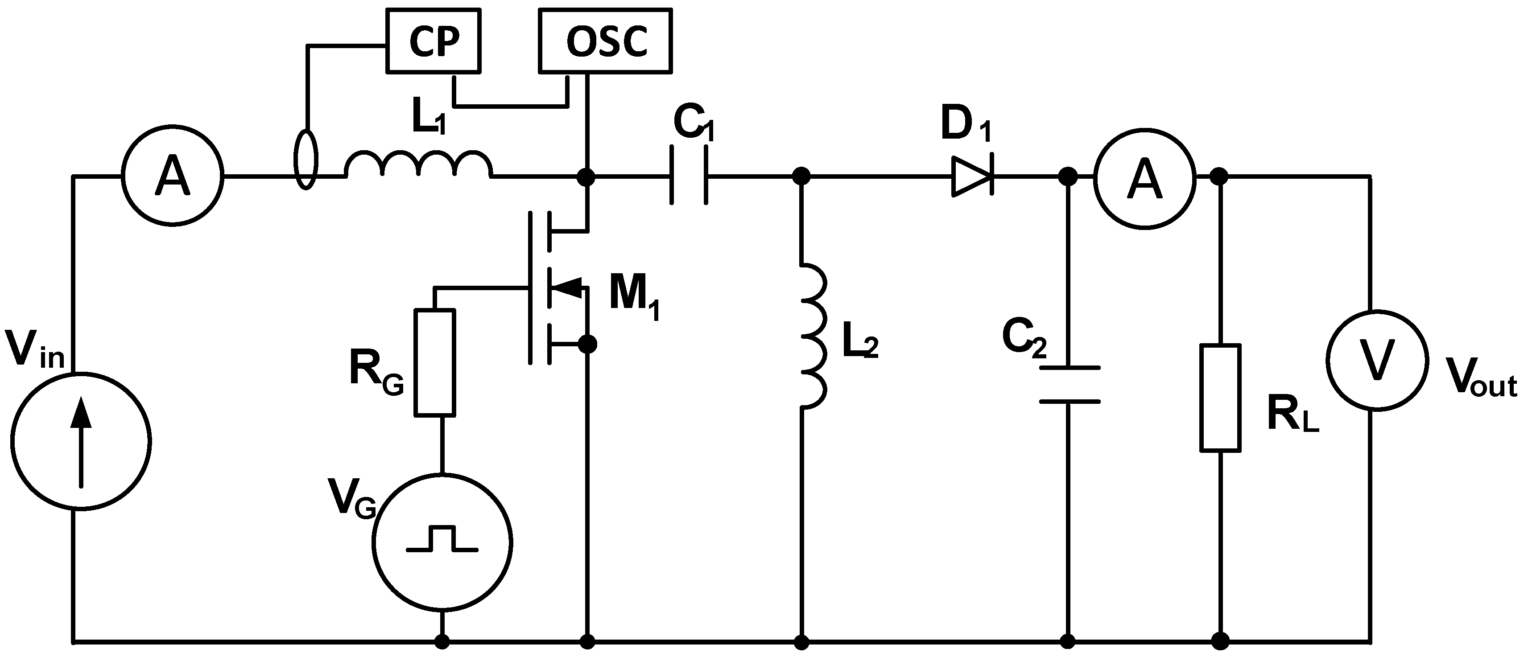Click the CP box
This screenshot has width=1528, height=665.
click(434, 41)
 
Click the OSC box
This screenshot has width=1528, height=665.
click(605, 41)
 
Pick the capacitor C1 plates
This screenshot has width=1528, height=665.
click(689, 176)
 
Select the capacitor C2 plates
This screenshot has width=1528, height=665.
click(1069, 385)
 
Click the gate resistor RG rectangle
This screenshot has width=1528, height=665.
click(435, 362)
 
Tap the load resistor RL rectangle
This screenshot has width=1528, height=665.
click(1220, 398)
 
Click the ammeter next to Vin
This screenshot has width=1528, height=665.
click(172, 176)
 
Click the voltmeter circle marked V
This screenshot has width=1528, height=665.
click(1376, 360)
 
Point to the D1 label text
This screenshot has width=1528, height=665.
click(966, 127)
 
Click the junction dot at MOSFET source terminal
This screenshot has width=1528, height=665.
click(587, 344)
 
